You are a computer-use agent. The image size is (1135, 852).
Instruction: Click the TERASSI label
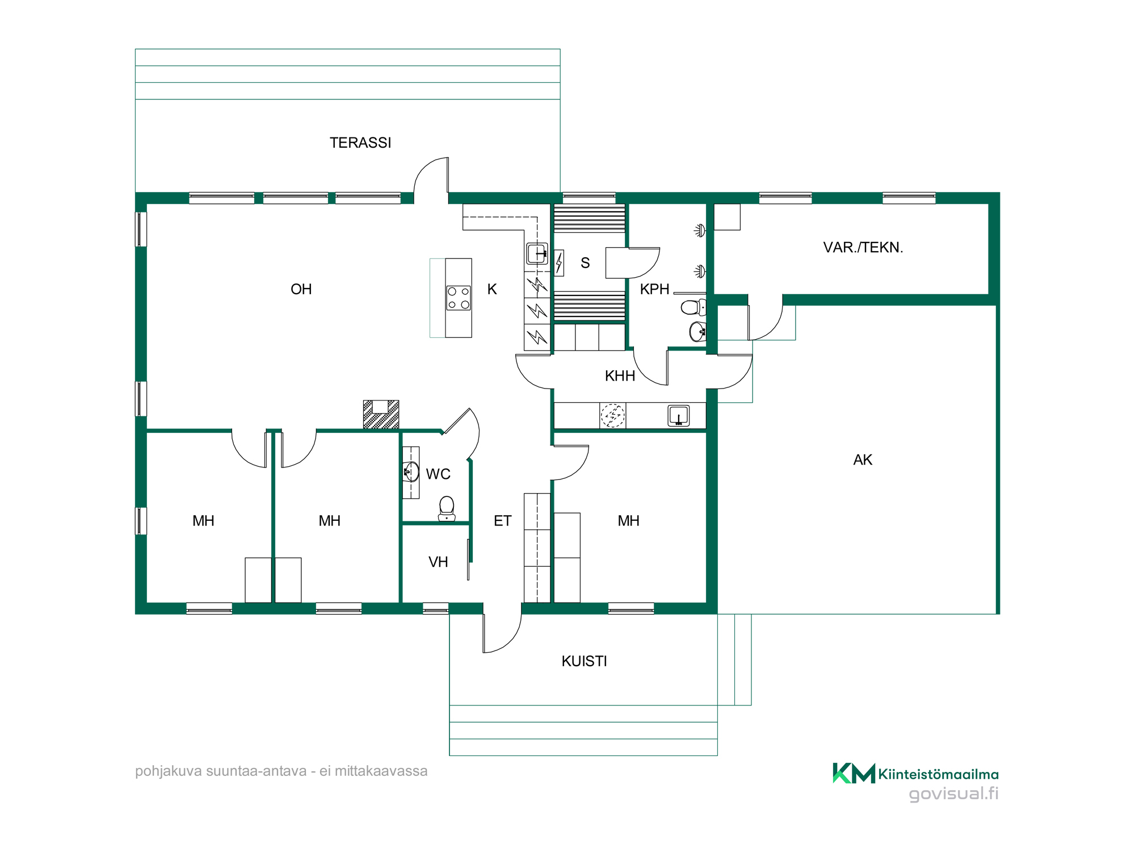coord(360,143)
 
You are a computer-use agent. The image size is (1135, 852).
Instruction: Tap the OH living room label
coord(301,289)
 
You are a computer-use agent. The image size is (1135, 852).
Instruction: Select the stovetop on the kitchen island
coord(459,298)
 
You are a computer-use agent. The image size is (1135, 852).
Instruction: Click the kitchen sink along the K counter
coord(537,253)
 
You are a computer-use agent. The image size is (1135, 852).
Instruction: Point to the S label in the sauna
coord(585,263)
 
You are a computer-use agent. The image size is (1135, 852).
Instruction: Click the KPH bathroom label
coord(655,289)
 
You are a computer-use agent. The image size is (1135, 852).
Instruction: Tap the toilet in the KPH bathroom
coord(693,307)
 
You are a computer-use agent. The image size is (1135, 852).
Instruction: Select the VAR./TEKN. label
coord(863,247)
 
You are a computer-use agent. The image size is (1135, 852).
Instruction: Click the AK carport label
coord(863,460)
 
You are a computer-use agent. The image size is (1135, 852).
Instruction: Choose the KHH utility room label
coord(620,375)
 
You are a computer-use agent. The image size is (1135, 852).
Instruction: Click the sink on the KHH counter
coord(679,415)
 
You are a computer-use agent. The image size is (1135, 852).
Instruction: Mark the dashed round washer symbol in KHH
coord(613,415)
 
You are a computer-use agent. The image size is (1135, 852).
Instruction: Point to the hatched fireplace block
coord(381,415)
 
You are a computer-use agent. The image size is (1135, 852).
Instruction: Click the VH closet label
coord(438,562)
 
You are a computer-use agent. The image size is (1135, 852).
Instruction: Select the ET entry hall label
coord(502,521)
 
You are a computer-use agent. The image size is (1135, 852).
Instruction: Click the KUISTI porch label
coord(584,661)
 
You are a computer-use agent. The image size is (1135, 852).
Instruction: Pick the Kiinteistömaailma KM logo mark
coord(854,773)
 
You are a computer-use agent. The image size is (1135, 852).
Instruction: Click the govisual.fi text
coord(953,793)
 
